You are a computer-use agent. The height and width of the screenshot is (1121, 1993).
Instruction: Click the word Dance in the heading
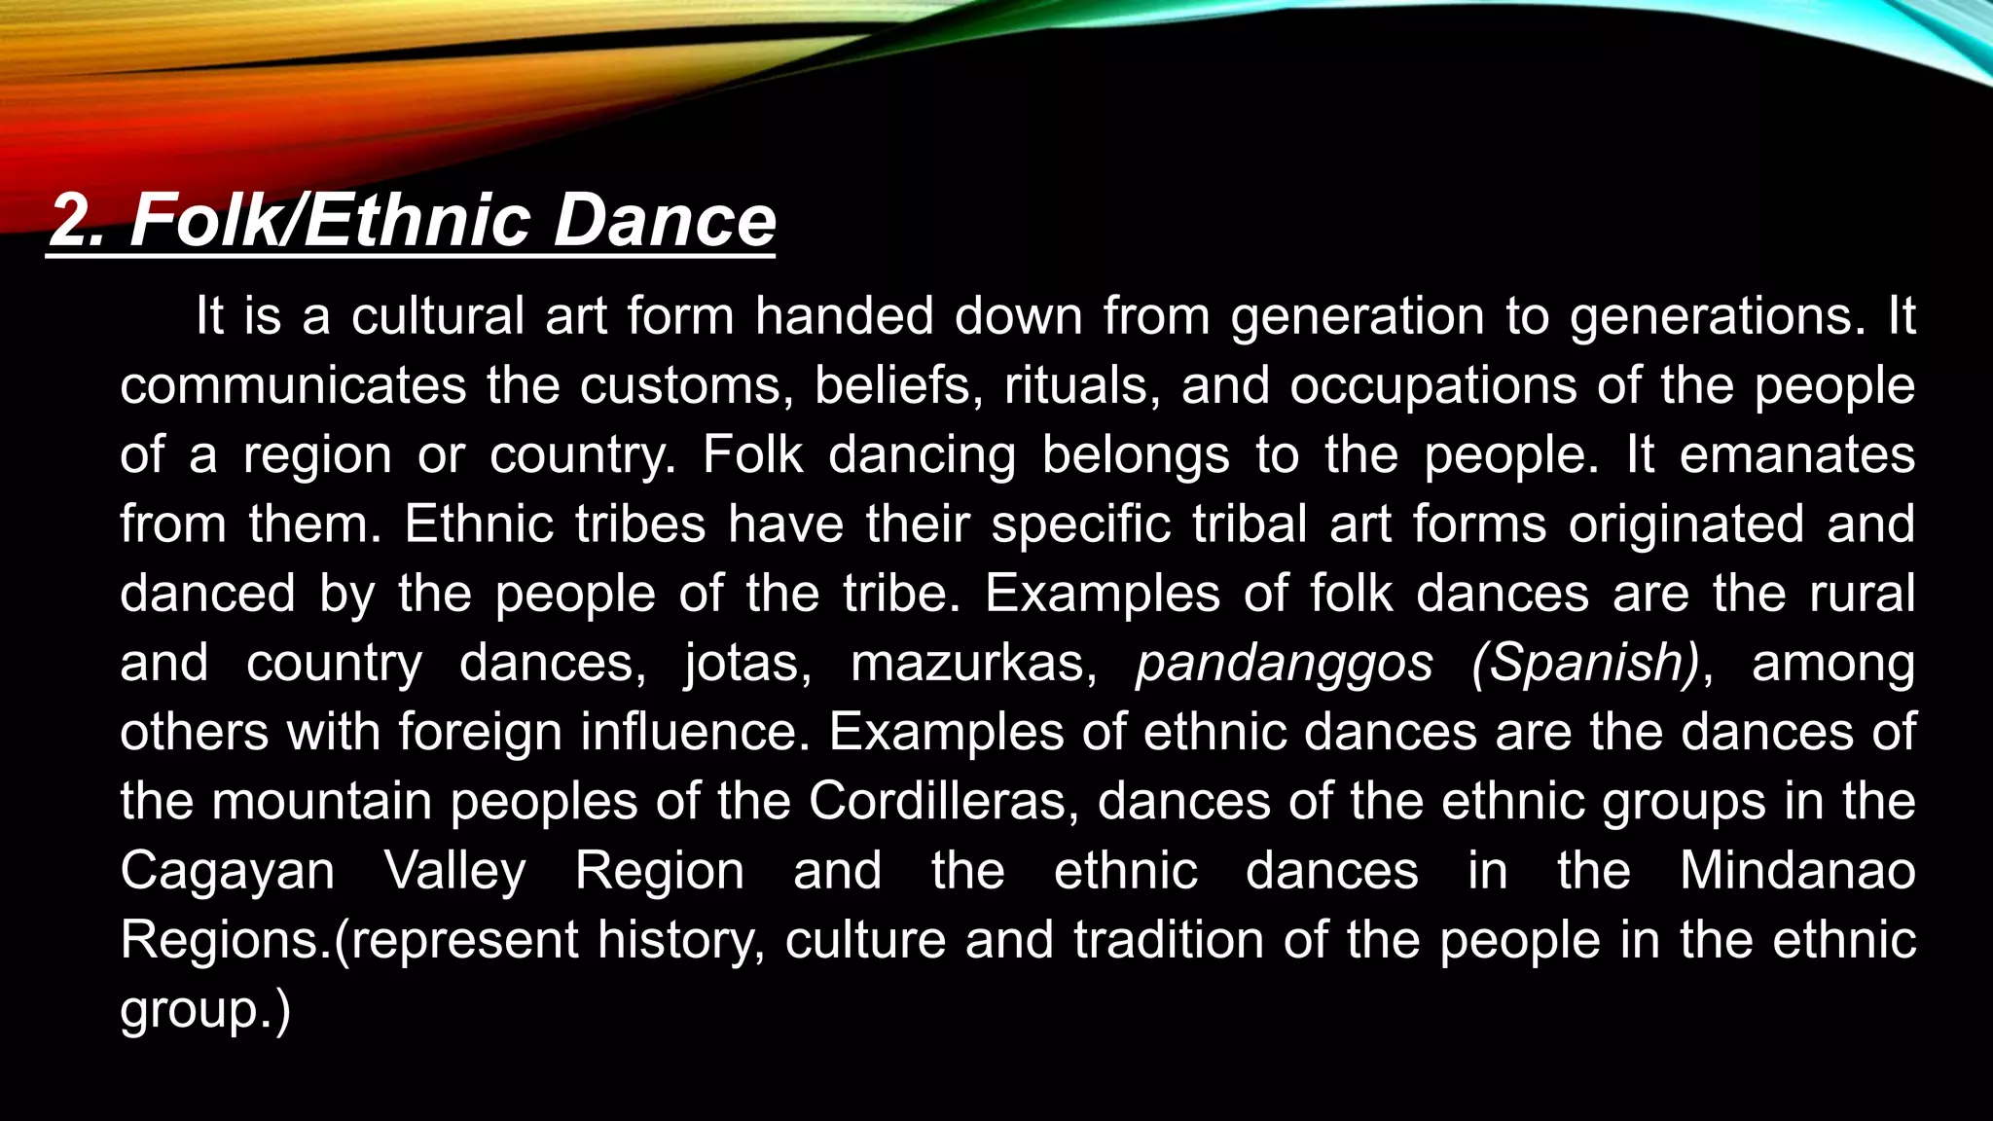pyautogui.click(x=665, y=220)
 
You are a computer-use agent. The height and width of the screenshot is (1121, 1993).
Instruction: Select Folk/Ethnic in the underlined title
pyautogui.click(x=332, y=220)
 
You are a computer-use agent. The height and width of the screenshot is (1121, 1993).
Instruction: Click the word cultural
pyautogui.click(x=438, y=316)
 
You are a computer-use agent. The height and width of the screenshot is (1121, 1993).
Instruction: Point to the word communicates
pyautogui.click(x=293, y=385)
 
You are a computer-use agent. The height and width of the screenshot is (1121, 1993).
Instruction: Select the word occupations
pyautogui.click(x=1433, y=385)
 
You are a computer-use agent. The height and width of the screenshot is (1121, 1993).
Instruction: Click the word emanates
pyautogui.click(x=1796, y=455)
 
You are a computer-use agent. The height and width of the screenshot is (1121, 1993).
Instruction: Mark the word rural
pyautogui.click(x=1862, y=594)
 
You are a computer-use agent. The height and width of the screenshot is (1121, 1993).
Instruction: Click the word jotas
pyautogui.click(x=747, y=664)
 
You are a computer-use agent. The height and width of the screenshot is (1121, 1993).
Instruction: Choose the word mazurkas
pyautogui.click(x=974, y=664)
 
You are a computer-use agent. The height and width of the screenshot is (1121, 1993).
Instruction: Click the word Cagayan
pyautogui.click(x=228, y=872)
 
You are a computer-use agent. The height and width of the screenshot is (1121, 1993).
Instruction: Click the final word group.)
pyautogui.click(x=205, y=1011)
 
